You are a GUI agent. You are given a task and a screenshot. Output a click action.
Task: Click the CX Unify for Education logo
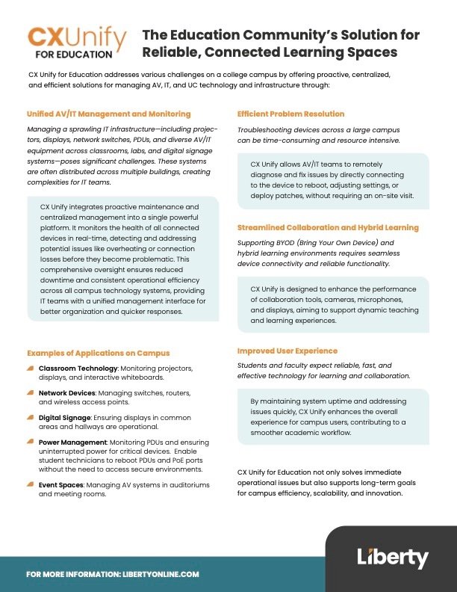click(77, 42)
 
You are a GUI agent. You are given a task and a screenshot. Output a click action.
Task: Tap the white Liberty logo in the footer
click(392, 558)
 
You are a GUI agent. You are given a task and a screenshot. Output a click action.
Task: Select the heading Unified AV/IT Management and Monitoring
click(109, 114)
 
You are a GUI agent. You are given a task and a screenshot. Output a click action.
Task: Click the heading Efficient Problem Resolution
click(290, 114)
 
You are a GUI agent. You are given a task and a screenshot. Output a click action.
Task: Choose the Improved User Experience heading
click(287, 351)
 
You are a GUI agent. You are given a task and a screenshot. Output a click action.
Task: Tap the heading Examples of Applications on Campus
click(98, 353)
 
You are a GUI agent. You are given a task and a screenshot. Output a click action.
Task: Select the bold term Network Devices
click(67, 392)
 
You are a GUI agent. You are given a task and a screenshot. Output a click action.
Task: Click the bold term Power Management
click(72, 443)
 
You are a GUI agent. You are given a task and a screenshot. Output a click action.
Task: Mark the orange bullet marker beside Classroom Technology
click(30, 368)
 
